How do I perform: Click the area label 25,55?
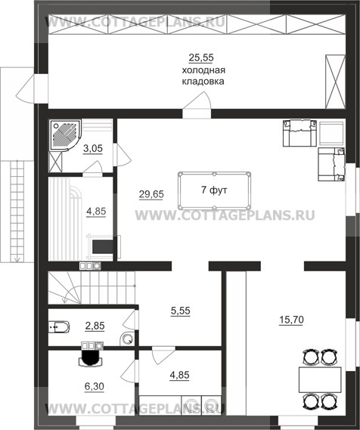click(x=201, y=58)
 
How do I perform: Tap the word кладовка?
click(x=203, y=82)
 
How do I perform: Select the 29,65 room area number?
click(x=151, y=194)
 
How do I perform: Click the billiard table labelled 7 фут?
click(x=214, y=190)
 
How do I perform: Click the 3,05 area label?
click(x=93, y=149)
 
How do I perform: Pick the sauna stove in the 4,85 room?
click(x=103, y=247)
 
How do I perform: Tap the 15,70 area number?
click(x=291, y=320)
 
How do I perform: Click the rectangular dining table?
click(x=320, y=379)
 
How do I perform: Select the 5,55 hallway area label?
click(x=180, y=311)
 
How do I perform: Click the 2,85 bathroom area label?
click(x=95, y=326)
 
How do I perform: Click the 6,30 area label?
click(x=94, y=387)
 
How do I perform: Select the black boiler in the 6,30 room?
click(x=90, y=357)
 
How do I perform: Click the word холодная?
click(x=203, y=70)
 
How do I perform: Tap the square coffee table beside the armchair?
click(x=332, y=134)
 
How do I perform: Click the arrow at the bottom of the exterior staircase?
click(x=17, y=258)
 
